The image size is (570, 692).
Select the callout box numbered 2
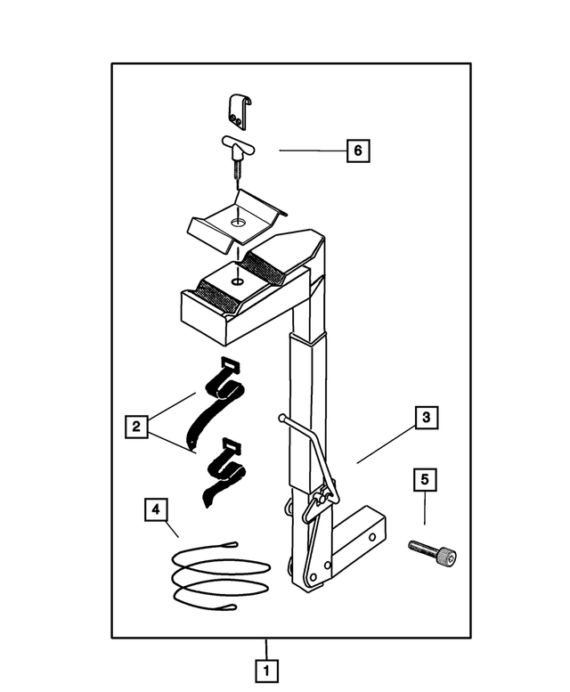coord(134,427)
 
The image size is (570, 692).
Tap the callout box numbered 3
coord(427,417)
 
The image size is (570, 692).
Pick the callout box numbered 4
coord(156,510)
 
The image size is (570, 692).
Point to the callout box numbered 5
coord(425,479)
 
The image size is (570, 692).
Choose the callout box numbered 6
coord(358,151)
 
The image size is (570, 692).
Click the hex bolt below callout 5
coord(433,553)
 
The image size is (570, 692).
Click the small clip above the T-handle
coord(236,110)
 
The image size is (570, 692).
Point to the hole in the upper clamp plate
coord(238,221)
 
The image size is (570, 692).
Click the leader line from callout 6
coord(312,151)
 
